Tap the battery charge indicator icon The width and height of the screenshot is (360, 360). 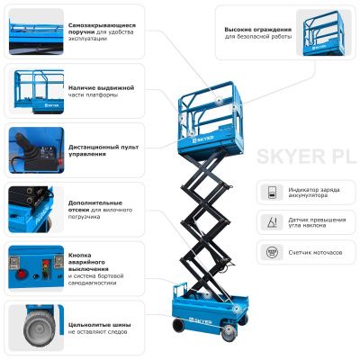click(269, 193)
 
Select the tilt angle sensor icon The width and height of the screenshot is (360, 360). click(269, 222)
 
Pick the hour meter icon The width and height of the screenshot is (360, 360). click(269, 252)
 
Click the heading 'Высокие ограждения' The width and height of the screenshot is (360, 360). click(256, 29)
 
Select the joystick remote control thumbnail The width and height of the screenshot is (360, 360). click(31, 148)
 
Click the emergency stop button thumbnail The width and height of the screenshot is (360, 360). click(31, 267)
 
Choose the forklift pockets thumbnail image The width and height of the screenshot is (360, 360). click(31, 208)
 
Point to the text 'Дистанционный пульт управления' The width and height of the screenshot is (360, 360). click(100, 148)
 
